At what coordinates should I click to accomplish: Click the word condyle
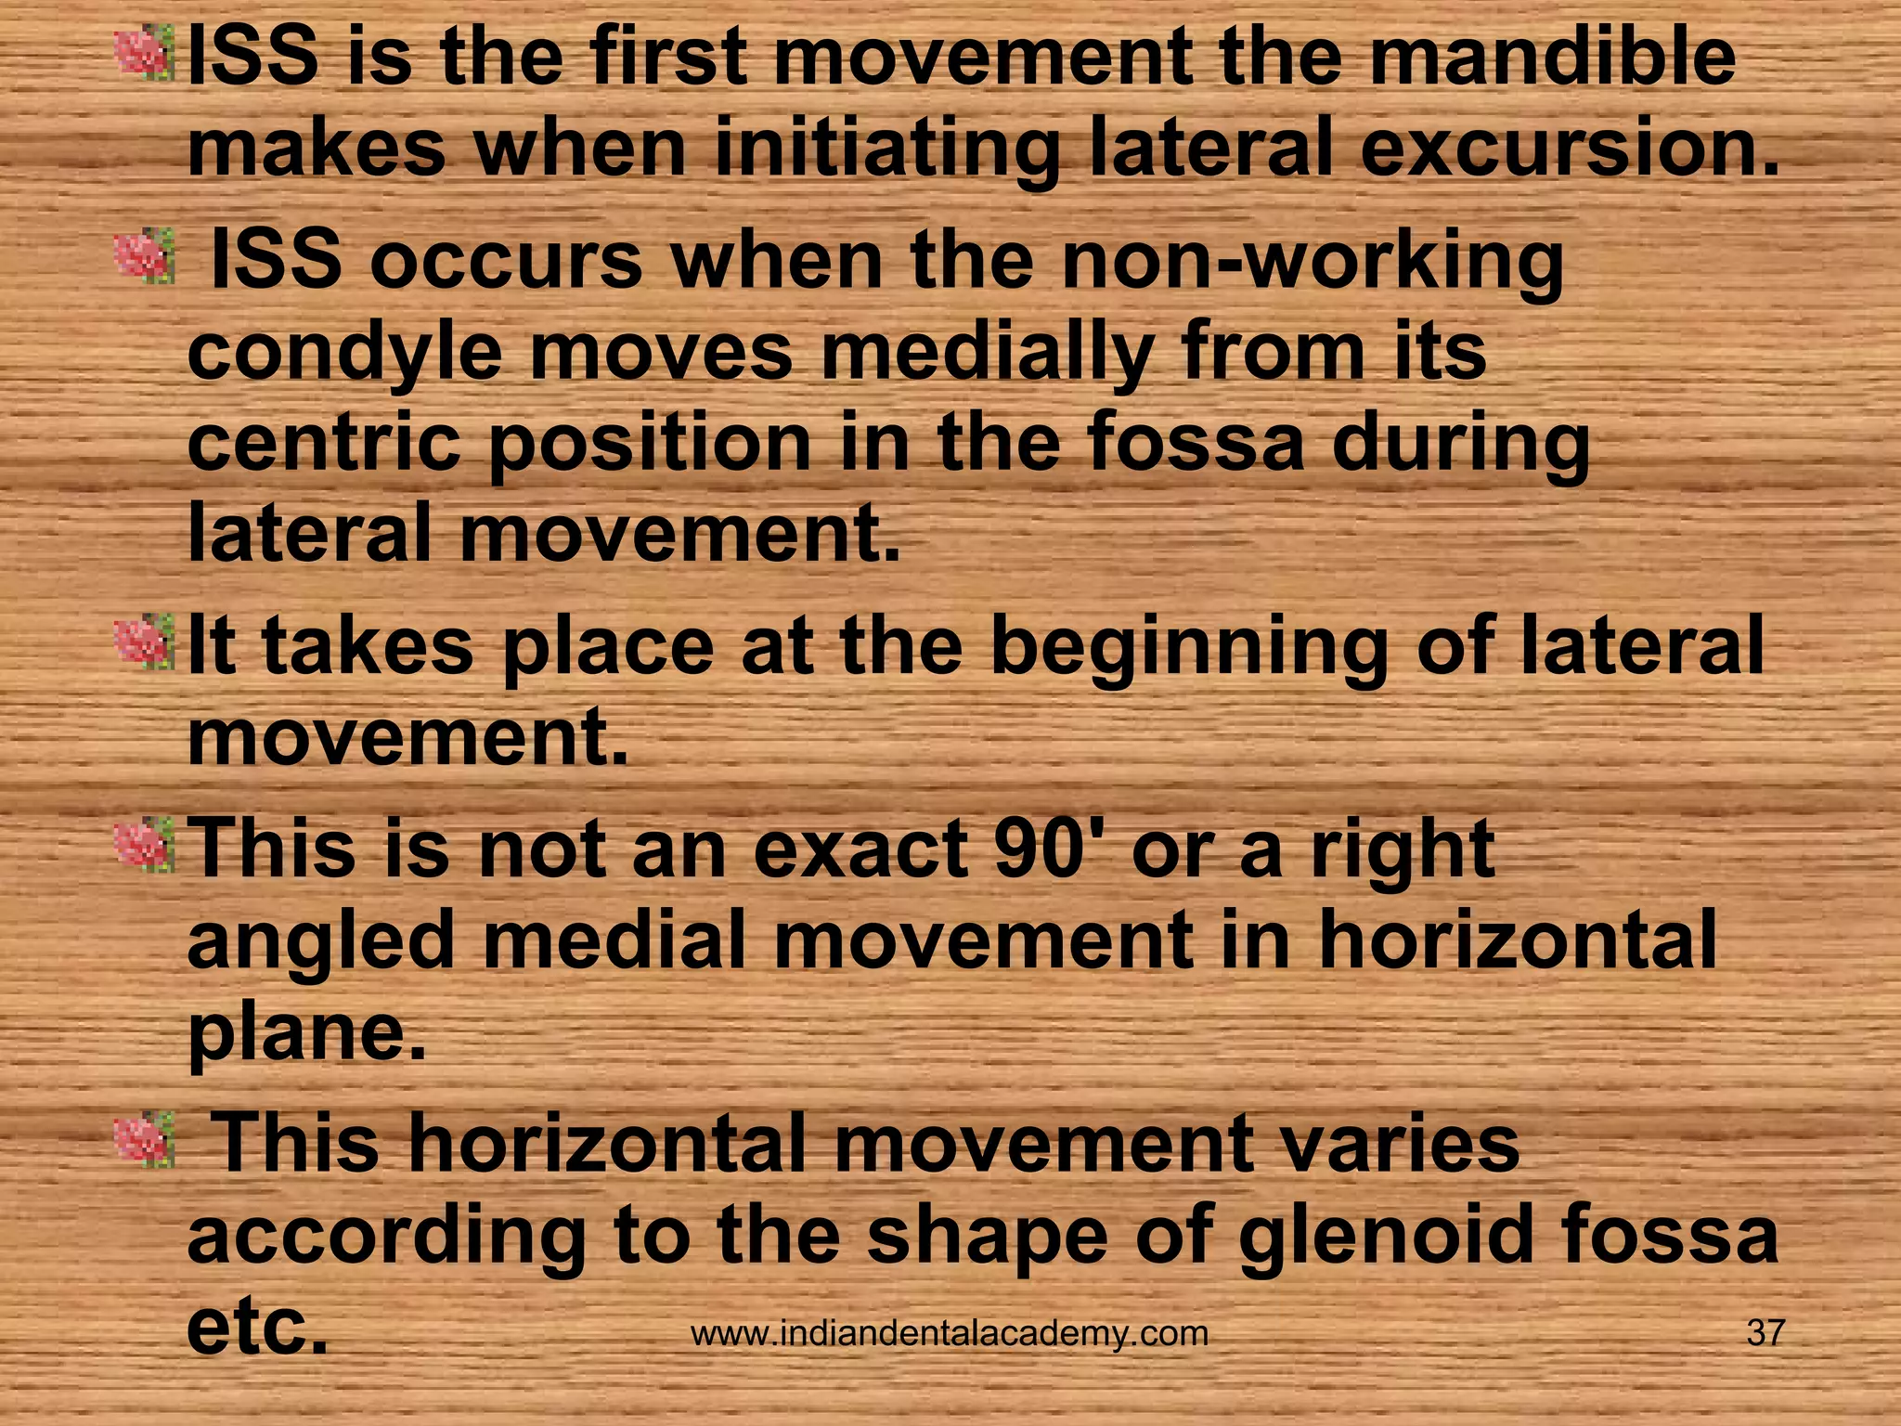pyautogui.click(x=344, y=355)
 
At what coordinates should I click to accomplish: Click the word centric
pyautogui.click(x=323, y=443)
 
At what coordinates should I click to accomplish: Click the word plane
pyautogui.click(x=306, y=1035)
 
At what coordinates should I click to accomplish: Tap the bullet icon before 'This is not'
pyautogui.click(x=144, y=846)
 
